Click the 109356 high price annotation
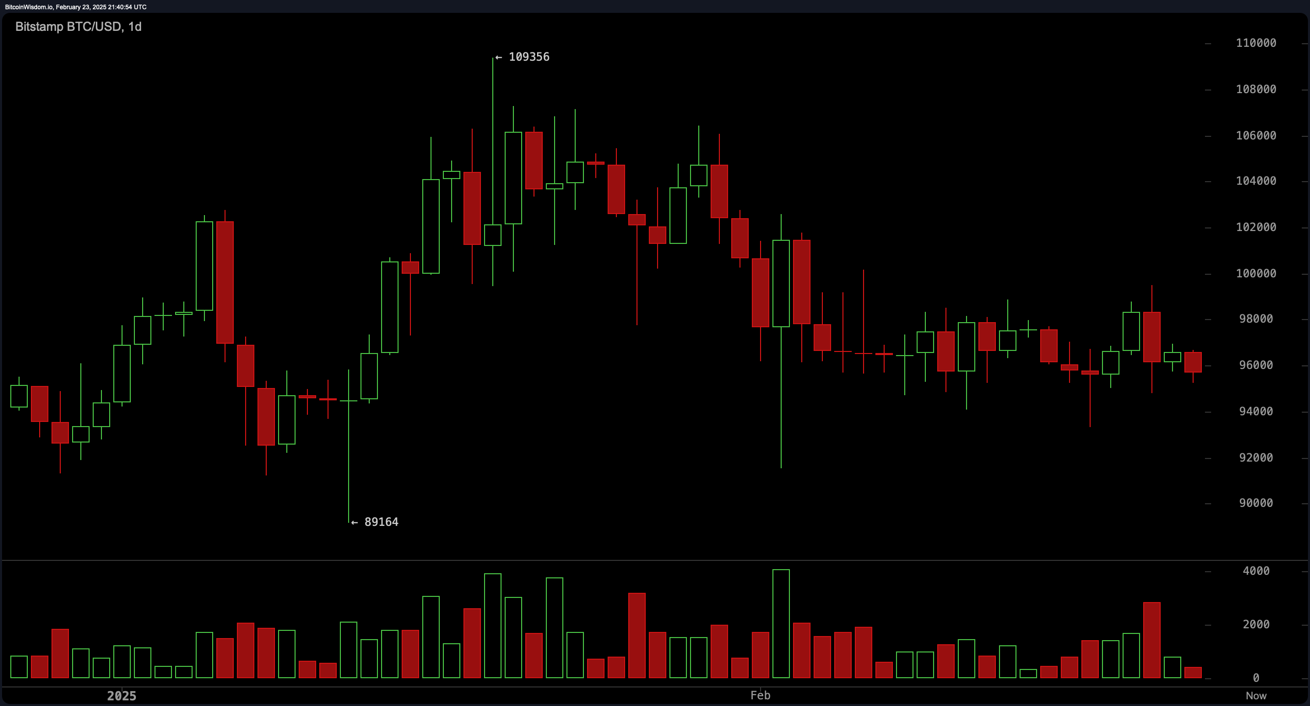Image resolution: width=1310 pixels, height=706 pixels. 528,57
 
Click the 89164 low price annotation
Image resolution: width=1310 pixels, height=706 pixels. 381,522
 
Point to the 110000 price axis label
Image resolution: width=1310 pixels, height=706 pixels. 1256,43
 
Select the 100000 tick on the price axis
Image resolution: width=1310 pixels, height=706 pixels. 1256,274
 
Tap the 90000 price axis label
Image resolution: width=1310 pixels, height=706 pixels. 1256,503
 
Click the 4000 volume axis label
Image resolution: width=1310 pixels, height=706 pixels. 1256,571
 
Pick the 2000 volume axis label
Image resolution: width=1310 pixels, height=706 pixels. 1256,625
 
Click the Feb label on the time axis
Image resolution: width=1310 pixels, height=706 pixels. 760,696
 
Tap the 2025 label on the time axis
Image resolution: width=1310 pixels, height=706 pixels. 122,696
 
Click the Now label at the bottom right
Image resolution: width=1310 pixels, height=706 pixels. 1256,696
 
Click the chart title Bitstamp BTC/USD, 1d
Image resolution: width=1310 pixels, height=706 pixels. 78,27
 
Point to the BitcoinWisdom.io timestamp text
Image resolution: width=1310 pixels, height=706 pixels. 76,7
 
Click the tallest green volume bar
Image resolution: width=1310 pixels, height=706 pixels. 781,624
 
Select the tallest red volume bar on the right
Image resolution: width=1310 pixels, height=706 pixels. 1151,640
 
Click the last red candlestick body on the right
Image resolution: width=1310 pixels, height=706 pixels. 1193,362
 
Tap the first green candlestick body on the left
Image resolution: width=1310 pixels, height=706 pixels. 19,396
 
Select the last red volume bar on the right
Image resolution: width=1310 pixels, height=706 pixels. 1193,673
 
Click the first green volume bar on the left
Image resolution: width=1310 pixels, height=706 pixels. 19,667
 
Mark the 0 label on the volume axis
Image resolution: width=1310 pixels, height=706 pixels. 1256,678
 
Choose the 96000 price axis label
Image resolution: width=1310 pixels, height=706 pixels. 1256,365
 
